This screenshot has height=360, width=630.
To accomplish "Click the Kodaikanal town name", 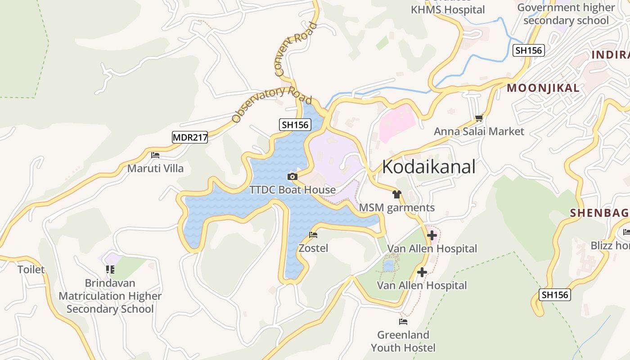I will point(428,167).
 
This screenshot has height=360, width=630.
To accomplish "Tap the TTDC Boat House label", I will point(292,190).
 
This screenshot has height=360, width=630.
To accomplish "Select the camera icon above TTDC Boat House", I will point(292,176).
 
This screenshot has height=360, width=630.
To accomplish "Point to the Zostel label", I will point(313,248).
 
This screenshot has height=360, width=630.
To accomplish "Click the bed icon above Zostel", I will point(313,235).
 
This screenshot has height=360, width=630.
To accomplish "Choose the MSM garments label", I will point(396,207).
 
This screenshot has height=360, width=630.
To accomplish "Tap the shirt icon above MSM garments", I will point(396,194).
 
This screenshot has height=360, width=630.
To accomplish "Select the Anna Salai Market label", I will point(479,131).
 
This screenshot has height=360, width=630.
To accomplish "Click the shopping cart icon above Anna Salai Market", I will point(479,118).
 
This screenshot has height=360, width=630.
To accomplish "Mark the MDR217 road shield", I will point(190,137).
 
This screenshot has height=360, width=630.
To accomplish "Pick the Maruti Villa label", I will point(155,168).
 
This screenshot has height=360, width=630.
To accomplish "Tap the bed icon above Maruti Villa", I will point(155,155).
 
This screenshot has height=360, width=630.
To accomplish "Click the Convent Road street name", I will point(295,49).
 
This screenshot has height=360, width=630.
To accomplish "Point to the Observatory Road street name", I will point(271,104).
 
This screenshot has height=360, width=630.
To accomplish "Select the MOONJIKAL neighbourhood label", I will point(543,88).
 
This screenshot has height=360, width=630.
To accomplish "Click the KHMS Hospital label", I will point(447,9).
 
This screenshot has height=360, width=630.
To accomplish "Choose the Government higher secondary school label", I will point(566,14).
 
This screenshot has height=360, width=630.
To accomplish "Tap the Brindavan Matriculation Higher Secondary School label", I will point(110,296).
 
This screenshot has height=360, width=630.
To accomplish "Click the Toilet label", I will point(31,270).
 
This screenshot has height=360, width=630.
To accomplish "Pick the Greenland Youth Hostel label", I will point(403,341).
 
